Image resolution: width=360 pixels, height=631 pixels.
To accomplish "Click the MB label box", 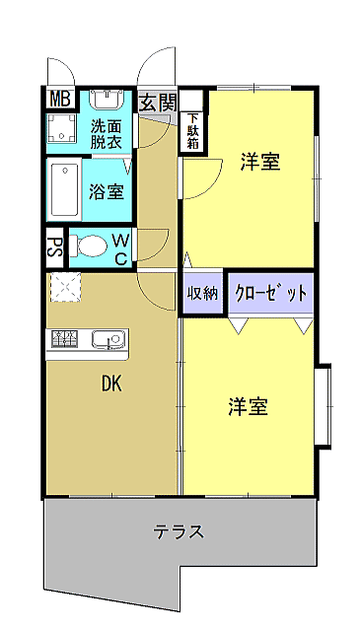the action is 60,99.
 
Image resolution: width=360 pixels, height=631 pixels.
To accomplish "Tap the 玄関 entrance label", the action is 158,103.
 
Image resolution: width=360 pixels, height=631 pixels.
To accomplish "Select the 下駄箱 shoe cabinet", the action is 193,131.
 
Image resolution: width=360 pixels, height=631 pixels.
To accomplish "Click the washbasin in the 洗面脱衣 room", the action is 106,99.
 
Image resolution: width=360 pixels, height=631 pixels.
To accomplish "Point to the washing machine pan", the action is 61,128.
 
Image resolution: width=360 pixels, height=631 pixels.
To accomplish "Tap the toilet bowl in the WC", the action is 88,245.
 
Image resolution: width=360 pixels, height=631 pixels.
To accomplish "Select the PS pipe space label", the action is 55,247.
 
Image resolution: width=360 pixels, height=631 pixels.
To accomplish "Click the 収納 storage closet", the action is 202,294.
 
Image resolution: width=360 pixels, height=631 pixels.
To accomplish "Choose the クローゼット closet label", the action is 271,294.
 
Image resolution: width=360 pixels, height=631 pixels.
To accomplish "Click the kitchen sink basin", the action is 108,339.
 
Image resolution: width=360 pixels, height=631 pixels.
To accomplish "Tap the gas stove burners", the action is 64,338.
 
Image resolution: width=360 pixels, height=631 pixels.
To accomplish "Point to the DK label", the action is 111,386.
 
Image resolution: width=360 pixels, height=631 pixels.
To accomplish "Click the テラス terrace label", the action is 179,532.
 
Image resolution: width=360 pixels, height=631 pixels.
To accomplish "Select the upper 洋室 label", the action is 260,162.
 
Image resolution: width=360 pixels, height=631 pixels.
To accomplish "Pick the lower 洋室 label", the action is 248,406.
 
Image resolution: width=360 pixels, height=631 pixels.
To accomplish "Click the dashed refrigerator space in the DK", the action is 66,287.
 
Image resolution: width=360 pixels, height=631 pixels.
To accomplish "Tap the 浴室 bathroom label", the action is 106,191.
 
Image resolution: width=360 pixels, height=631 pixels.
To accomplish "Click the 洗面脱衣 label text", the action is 106,134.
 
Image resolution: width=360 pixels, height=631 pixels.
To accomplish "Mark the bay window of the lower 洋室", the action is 324,405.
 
